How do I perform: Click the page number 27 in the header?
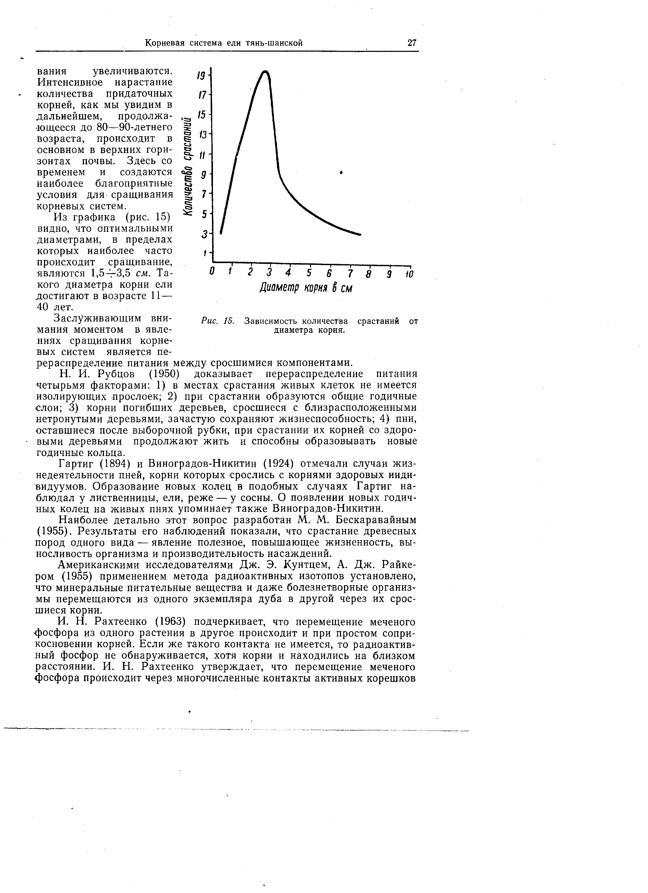click(x=412, y=43)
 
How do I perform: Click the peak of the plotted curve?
click(x=266, y=72)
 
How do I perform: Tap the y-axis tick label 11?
click(x=202, y=156)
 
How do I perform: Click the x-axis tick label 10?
click(x=409, y=273)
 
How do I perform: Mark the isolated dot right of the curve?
click(x=341, y=172)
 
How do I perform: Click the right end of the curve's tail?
click(x=360, y=235)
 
